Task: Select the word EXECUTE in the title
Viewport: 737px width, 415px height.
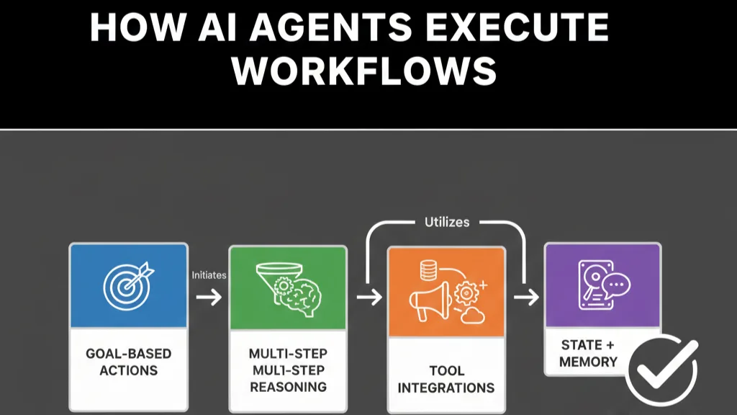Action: (x=519, y=28)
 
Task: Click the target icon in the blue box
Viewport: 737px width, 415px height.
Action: (x=127, y=284)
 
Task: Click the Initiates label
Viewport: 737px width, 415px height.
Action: (x=209, y=275)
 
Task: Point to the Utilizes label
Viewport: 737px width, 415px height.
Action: (x=447, y=223)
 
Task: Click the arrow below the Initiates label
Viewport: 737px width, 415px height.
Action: (x=209, y=296)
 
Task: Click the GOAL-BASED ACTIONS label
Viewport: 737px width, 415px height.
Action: (x=129, y=362)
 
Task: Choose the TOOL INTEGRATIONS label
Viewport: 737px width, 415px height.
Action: (x=446, y=379)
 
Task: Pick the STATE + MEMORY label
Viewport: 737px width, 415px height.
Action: (x=588, y=353)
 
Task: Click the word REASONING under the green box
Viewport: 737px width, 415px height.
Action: (x=287, y=386)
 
